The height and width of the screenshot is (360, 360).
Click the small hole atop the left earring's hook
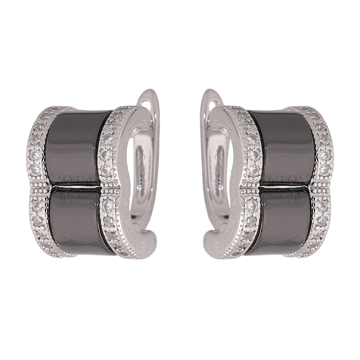click(x=147, y=106)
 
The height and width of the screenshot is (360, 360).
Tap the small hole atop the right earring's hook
click(x=214, y=106)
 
